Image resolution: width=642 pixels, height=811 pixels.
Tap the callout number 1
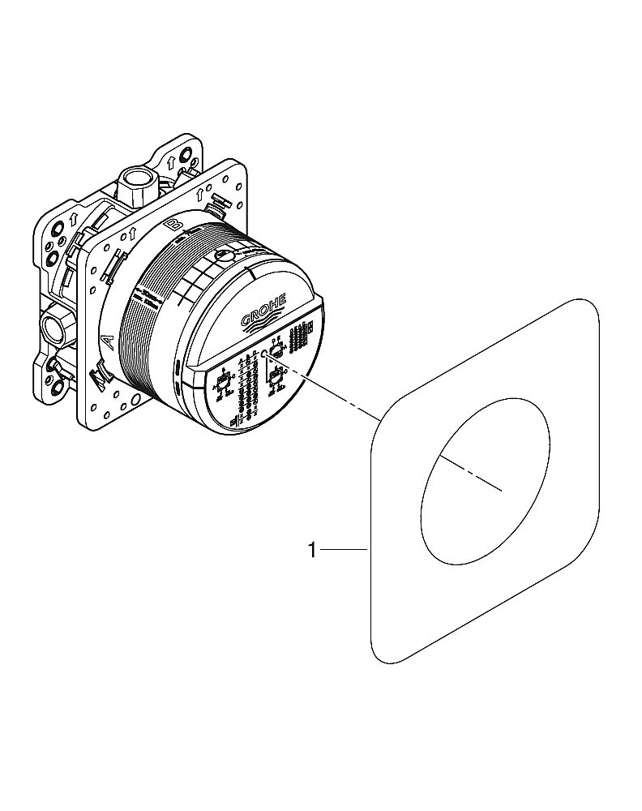click(311, 551)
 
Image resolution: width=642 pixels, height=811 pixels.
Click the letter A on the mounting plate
click(105, 341)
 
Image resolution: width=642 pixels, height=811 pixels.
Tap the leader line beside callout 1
click(344, 551)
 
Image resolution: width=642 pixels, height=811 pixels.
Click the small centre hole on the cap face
click(264, 354)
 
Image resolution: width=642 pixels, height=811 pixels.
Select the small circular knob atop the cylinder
click(225, 259)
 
